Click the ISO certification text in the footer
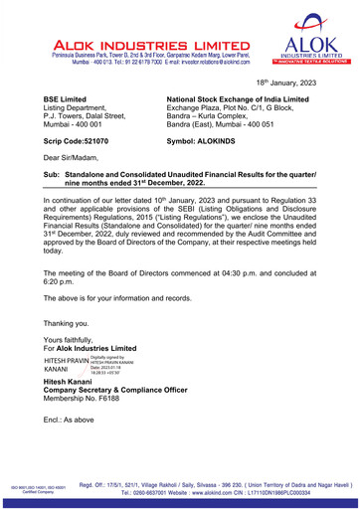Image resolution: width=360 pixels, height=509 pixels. pyautogui.click(x=35, y=488)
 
